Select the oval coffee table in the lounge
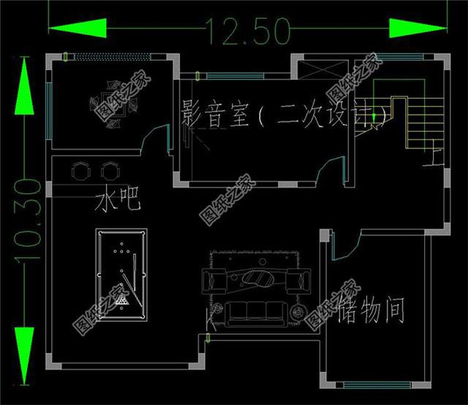point(257,278)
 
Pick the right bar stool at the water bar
point(110,170)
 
